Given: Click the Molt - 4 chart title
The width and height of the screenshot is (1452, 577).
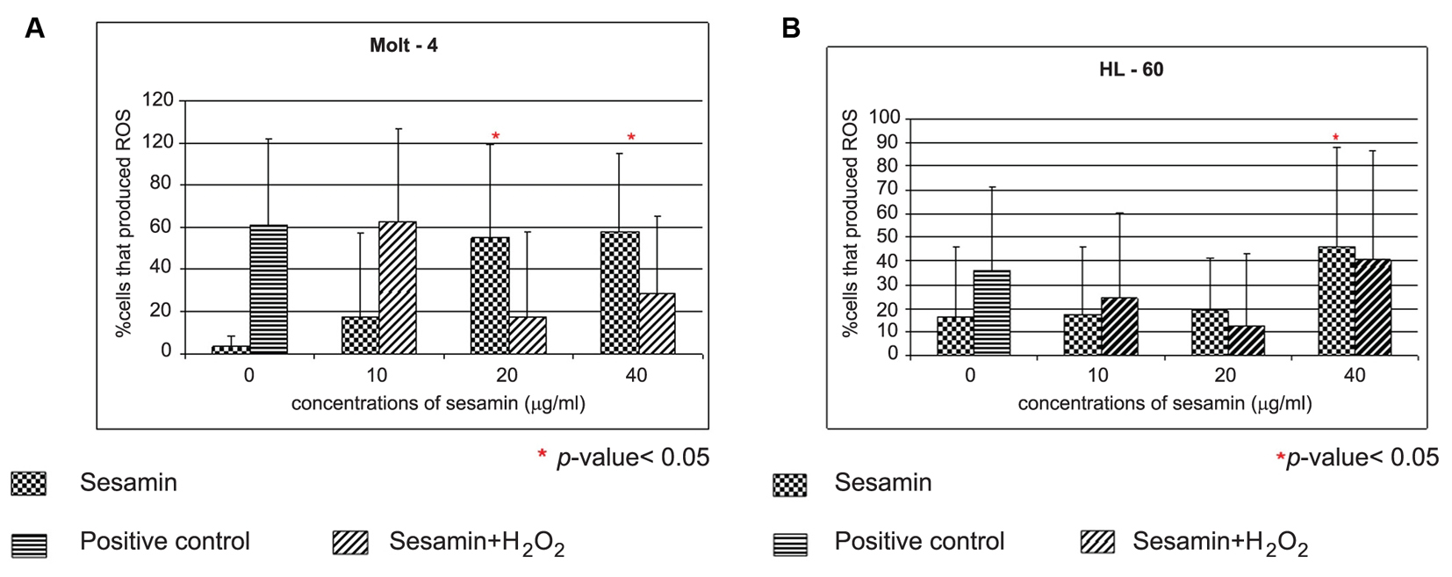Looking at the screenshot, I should point(403,46).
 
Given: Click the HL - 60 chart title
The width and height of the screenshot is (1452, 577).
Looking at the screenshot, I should point(1131,69).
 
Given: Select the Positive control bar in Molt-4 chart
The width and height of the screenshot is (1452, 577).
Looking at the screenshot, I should point(269,290).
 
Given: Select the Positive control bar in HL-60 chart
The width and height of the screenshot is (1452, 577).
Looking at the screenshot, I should point(992,313).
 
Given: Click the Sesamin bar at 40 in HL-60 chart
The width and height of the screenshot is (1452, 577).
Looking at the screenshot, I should point(1336,300).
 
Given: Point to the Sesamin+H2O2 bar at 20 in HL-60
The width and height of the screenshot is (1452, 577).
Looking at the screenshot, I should point(1246,340).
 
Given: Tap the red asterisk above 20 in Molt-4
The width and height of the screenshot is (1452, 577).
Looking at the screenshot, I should point(496,136).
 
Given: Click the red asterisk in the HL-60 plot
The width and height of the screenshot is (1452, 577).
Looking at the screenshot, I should point(1335,138).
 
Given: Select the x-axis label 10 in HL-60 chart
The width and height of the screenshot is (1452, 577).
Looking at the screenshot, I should point(1097,375).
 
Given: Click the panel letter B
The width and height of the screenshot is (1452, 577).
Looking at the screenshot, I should point(790,29).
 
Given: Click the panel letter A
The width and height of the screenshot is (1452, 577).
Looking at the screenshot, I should point(34,29).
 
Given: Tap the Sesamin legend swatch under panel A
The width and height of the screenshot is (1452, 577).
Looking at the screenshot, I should point(28,483).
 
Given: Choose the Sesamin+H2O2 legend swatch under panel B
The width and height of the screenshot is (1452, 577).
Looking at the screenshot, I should point(1098,542).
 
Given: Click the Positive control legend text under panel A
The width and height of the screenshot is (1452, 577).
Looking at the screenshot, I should point(164,541).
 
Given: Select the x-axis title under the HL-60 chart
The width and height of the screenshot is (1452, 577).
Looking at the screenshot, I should point(1164,403).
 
